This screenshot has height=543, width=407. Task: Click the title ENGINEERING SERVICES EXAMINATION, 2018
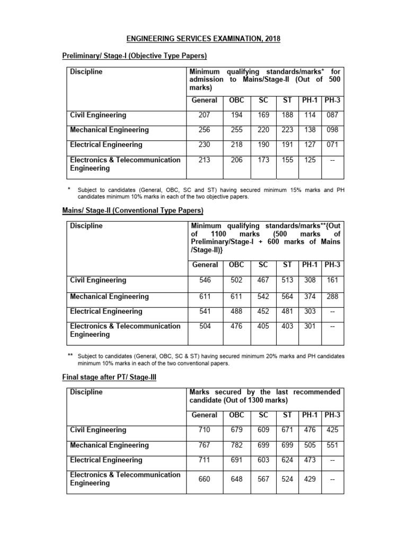(203, 39)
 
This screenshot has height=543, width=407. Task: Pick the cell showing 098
(332, 130)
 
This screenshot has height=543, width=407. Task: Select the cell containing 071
(332, 145)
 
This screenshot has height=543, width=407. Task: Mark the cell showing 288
(332, 296)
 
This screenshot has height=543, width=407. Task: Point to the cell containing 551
(332, 445)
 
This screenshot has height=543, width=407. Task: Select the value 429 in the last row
(310, 479)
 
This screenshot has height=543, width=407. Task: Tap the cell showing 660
(205, 479)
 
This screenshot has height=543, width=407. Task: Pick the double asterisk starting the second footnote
(70, 355)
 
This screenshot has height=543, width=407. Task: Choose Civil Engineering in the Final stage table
(98, 430)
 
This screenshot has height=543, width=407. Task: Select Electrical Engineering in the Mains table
(106, 311)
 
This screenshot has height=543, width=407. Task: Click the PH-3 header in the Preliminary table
(332, 100)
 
